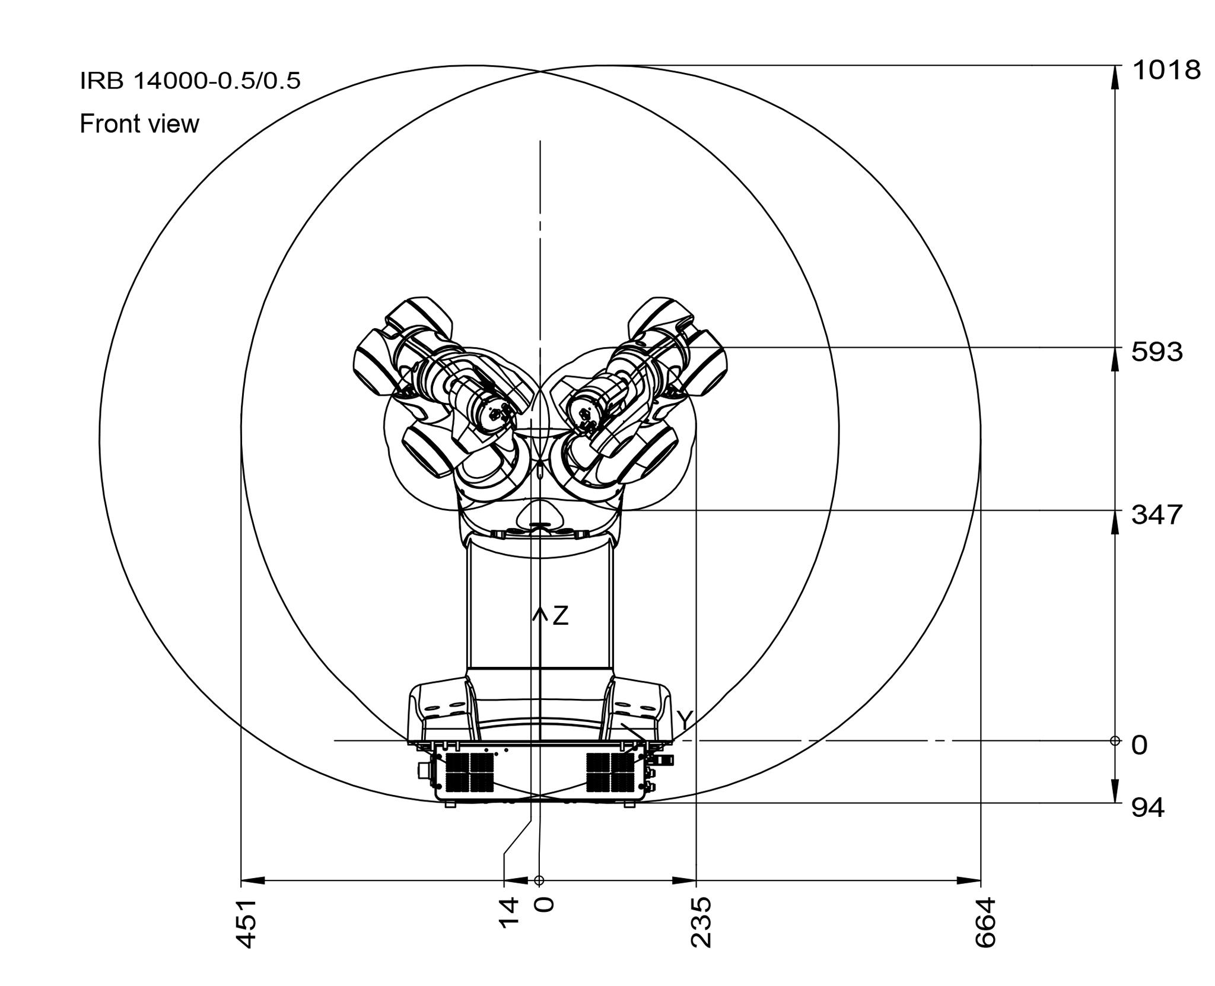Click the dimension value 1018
tap(1166, 71)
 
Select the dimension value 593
tap(1157, 352)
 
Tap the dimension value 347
tap(1157, 515)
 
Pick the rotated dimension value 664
tap(985, 923)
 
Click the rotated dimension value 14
tap(508, 911)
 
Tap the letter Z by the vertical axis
tap(560, 616)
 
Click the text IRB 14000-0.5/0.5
tap(190, 81)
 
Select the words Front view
tap(139, 124)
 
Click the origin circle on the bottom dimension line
tap(539, 880)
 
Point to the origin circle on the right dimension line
tap(1115, 740)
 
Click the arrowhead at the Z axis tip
tap(539, 612)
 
